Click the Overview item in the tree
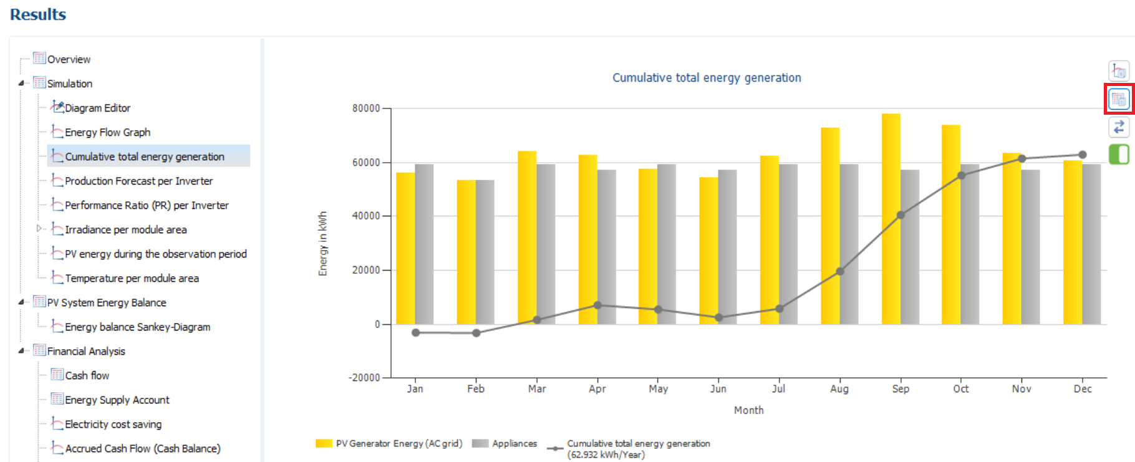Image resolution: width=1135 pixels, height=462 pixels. (x=69, y=59)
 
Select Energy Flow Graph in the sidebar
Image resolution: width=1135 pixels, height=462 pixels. (x=107, y=132)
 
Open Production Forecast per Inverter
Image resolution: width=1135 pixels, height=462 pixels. (x=138, y=181)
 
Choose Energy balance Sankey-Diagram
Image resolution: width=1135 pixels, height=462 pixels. (x=137, y=327)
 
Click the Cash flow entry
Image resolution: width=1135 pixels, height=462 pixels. (x=87, y=375)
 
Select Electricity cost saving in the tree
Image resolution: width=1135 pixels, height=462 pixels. (x=113, y=424)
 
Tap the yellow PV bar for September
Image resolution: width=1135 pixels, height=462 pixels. (x=891, y=219)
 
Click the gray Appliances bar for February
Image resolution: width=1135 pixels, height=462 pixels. (x=485, y=252)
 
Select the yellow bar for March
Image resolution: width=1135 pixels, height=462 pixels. (x=527, y=238)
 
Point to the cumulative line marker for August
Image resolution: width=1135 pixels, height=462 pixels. (x=840, y=271)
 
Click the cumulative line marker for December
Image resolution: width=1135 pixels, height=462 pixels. (x=1083, y=155)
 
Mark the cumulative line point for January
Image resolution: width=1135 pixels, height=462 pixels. (x=416, y=332)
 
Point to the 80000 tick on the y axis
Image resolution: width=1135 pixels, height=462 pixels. (x=366, y=108)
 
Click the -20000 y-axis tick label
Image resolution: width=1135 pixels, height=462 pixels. (x=364, y=378)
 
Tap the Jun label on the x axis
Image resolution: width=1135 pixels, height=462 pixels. (x=718, y=388)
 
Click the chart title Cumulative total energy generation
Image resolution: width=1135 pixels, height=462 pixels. (x=707, y=78)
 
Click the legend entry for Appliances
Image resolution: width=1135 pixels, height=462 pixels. (x=505, y=443)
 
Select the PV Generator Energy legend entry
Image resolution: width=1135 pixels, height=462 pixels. (x=389, y=443)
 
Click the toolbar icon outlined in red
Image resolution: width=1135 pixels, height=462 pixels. (x=1119, y=99)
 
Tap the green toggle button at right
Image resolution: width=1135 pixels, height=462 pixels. (x=1119, y=154)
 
